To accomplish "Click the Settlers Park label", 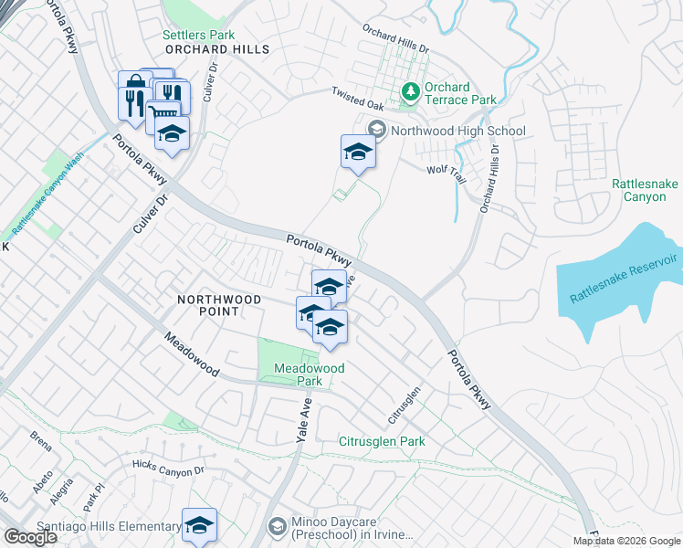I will (x=193, y=35).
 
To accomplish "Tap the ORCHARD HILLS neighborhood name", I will (x=217, y=49).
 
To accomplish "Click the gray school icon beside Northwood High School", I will (x=376, y=131).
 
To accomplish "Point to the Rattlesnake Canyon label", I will (x=645, y=190).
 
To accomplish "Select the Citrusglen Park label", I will (x=382, y=441).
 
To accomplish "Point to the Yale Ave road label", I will (x=304, y=421).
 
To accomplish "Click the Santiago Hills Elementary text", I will (x=109, y=527).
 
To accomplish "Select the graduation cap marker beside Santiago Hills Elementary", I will (x=199, y=525).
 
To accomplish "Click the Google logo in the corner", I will (x=30, y=537).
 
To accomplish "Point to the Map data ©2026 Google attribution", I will (x=626, y=541).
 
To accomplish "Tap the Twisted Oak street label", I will (x=354, y=92).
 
